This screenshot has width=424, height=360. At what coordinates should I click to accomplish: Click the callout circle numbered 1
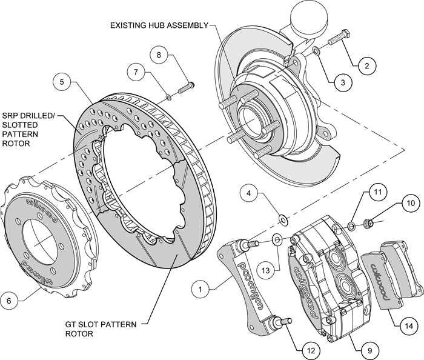199,290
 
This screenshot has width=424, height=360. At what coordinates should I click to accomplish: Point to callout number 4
248,194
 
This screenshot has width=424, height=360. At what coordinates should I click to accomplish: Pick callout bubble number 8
159,55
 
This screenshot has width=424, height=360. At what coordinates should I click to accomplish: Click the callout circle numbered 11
377,193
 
